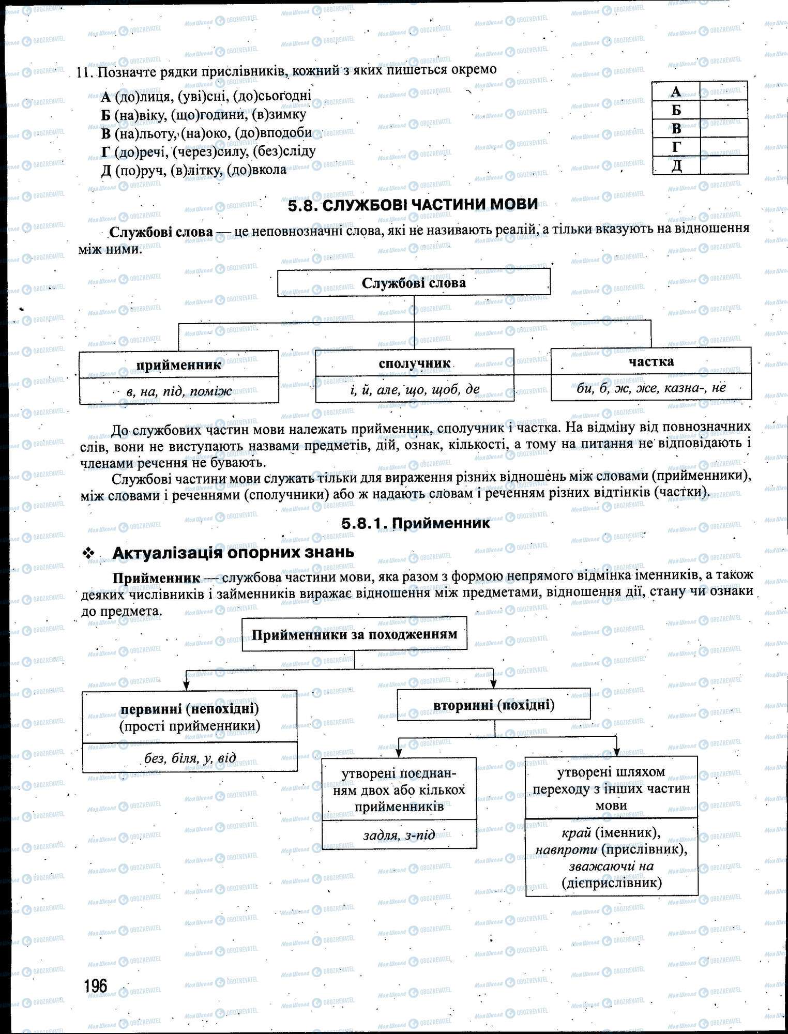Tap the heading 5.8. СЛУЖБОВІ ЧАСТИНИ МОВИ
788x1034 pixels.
tap(413, 205)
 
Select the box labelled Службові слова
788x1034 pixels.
tap(414, 283)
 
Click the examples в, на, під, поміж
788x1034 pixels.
tap(179, 391)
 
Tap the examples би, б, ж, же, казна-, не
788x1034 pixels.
tap(651, 388)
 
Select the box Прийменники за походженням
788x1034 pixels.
tap(354, 634)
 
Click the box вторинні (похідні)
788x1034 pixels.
tap(493, 705)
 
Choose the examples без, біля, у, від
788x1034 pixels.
tap(190, 758)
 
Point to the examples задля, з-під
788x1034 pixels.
tap(399, 835)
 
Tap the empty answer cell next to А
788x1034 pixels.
tap(723, 92)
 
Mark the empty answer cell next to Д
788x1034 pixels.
tap(723, 165)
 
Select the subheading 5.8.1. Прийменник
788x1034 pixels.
tap(415, 523)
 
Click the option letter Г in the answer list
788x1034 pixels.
tap(106, 151)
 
